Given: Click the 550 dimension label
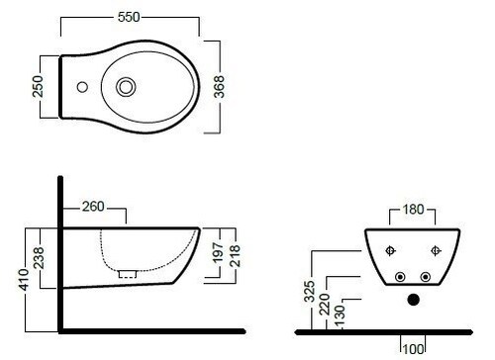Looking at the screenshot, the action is [x=129, y=17].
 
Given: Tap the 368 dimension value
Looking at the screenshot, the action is [x=219, y=87].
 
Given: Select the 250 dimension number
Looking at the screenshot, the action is [x=38, y=86].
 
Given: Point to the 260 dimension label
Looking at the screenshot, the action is [x=93, y=207].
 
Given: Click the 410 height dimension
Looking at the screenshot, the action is [x=24, y=280].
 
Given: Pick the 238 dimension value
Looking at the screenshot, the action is [x=39, y=258].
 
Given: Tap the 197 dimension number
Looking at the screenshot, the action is [x=219, y=253].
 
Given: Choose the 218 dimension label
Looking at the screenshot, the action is [x=235, y=256].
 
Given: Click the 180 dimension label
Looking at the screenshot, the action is [x=413, y=210].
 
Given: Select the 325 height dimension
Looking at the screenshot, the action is [x=310, y=292].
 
